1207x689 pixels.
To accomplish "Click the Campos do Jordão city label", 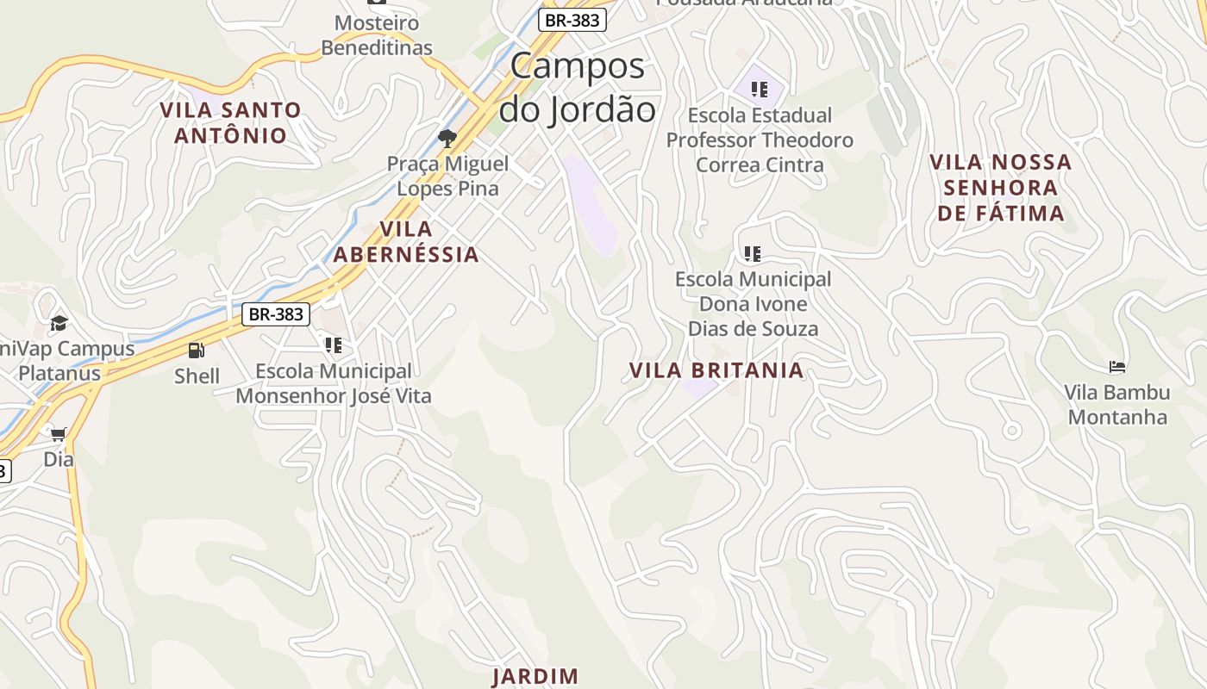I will [x=578, y=88].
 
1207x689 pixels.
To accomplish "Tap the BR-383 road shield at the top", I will [x=572, y=20].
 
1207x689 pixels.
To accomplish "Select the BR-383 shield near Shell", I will [x=275, y=314].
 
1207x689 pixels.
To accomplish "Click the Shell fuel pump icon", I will [x=197, y=351].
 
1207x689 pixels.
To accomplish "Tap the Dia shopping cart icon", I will [x=58, y=434].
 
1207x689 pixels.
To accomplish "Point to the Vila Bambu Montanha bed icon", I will [x=1117, y=367].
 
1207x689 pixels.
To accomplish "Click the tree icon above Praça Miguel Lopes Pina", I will [x=447, y=138].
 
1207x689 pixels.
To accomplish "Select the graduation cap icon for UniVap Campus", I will [x=59, y=324].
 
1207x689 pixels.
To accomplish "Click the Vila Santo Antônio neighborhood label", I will [x=230, y=122].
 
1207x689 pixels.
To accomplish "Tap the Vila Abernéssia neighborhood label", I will [x=405, y=241].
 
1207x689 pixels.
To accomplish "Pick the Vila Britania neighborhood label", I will [x=716, y=370].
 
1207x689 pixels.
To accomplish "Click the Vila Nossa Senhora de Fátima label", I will [x=1000, y=187].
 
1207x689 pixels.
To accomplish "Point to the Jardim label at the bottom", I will [x=535, y=676].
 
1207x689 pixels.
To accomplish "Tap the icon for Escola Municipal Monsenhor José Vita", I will [x=334, y=345].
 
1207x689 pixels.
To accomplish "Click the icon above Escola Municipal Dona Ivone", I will [x=753, y=253].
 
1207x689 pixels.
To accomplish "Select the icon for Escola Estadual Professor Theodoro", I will [x=760, y=89].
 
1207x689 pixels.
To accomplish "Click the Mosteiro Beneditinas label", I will [x=377, y=35].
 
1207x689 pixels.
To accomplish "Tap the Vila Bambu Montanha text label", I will [x=1116, y=404].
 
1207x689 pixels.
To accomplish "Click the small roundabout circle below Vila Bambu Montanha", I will [x=1012, y=429].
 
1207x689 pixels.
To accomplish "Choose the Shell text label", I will [x=197, y=376].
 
